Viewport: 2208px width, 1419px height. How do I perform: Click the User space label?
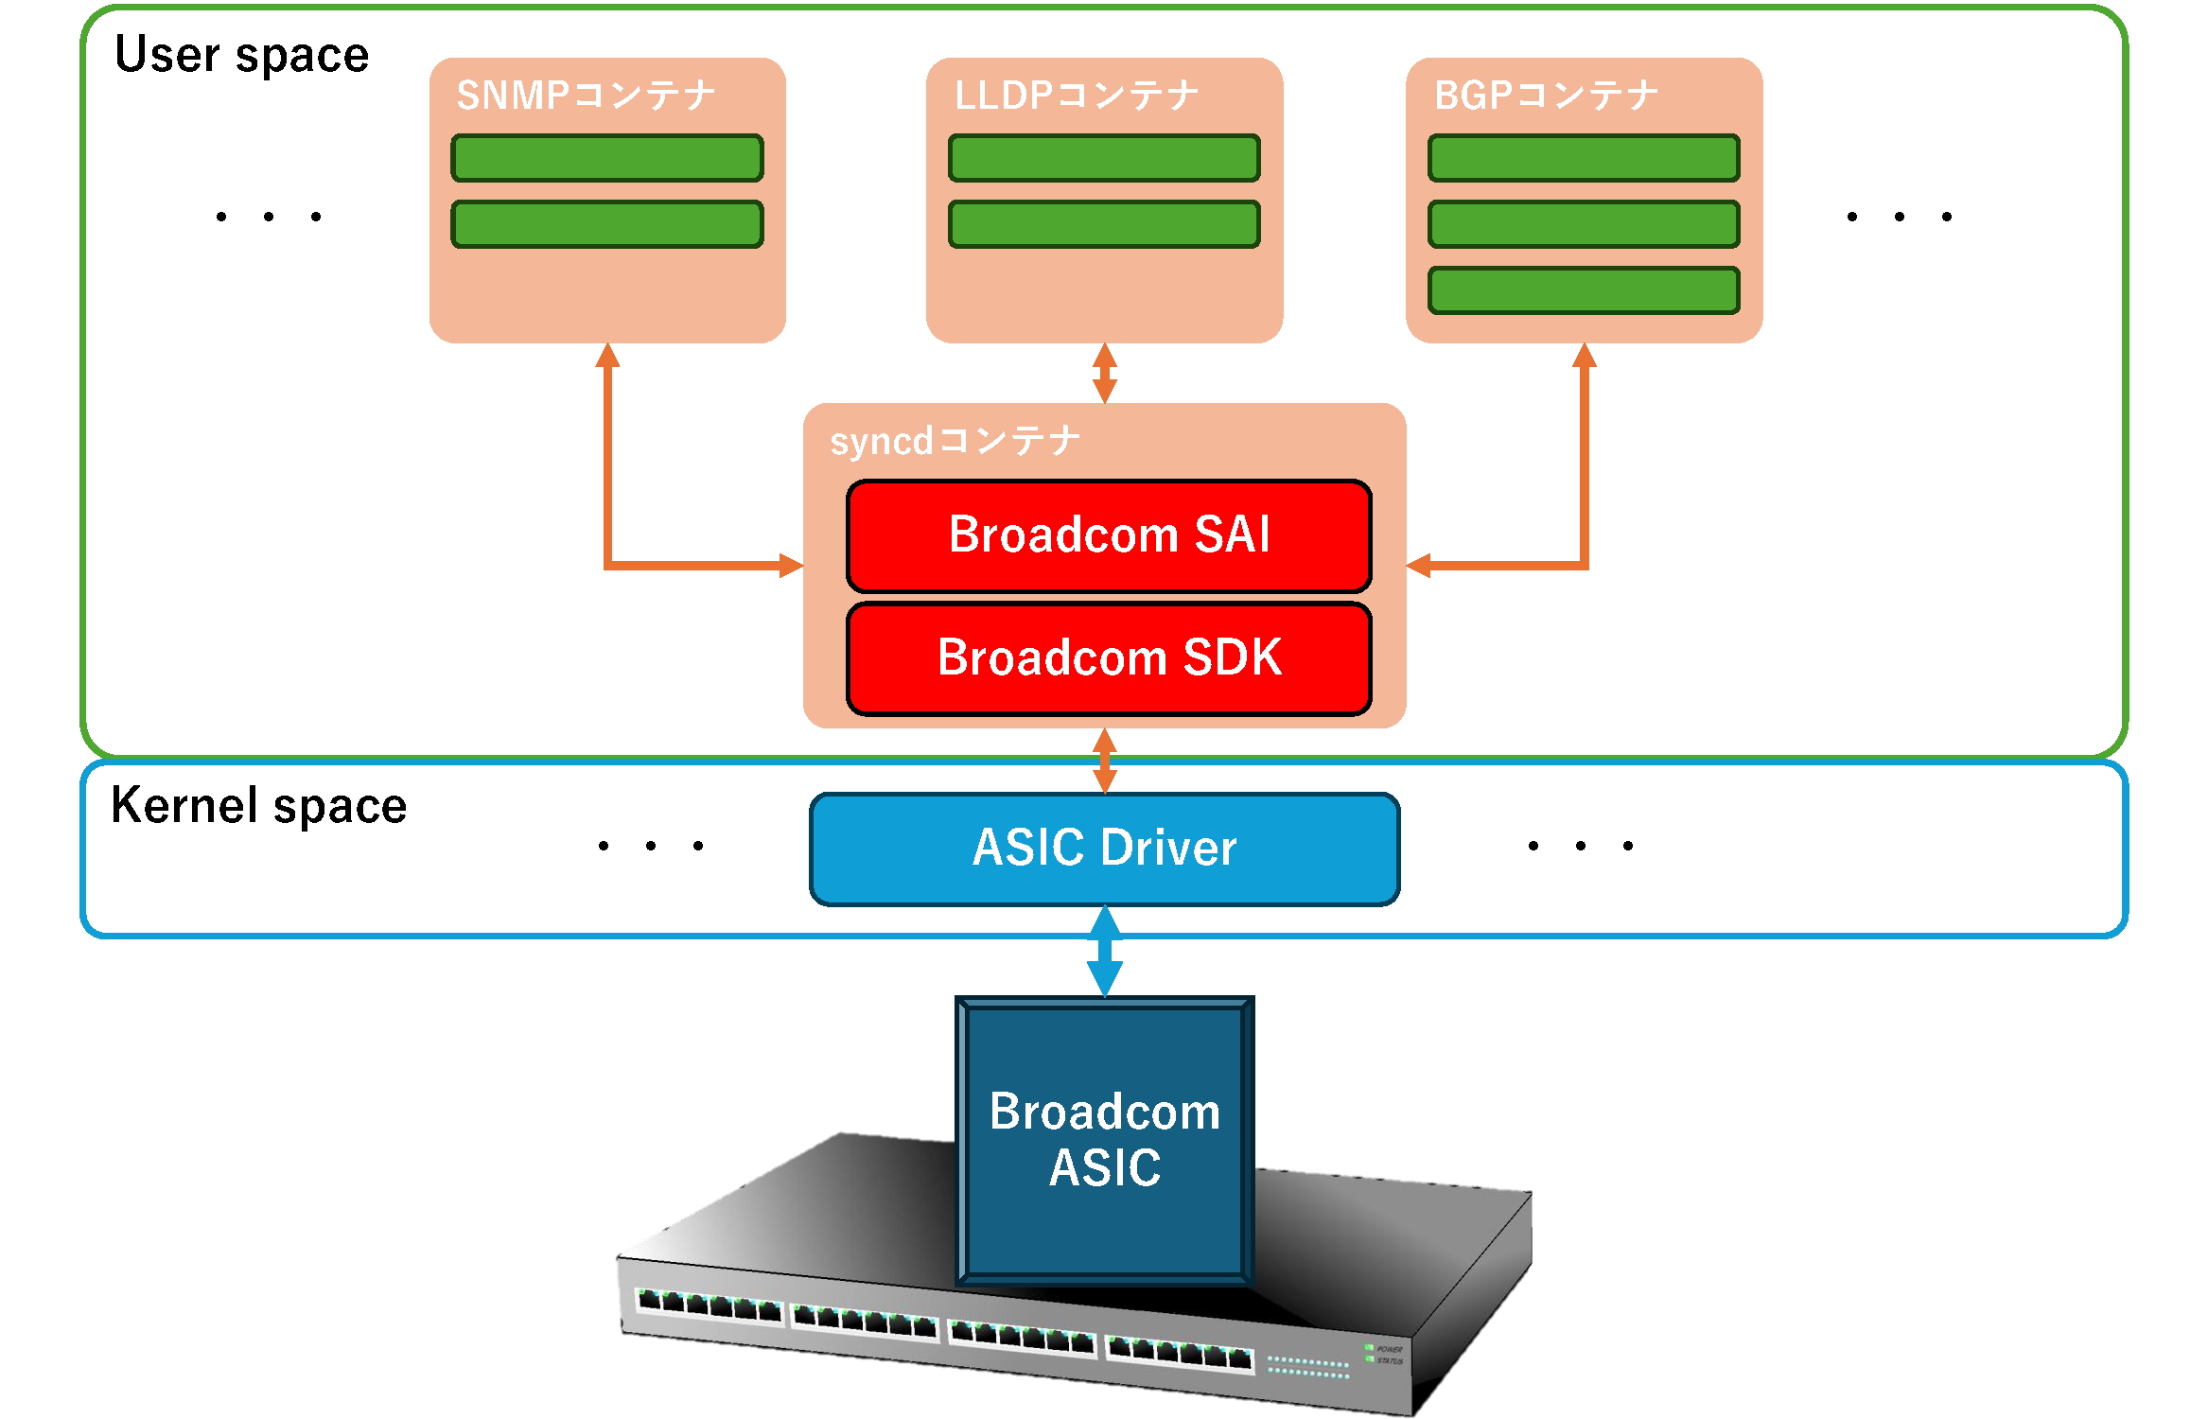[241, 55]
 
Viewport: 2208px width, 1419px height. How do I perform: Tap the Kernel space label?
[258, 806]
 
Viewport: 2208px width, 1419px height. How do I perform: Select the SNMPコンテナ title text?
[586, 96]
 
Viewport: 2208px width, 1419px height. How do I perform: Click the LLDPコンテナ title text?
[1077, 96]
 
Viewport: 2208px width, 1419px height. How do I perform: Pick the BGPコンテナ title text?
[1546, 96]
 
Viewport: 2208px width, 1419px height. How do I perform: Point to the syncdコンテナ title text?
[955, 441]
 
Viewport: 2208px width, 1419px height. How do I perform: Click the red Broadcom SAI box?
[1109, 535]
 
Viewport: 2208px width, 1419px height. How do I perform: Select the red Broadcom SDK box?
[1109, 658]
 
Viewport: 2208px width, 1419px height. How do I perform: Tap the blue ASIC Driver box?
[1104, 849]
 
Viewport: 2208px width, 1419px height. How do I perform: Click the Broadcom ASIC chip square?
[1104, 1140]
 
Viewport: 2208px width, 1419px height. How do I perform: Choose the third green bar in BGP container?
[1584, 290]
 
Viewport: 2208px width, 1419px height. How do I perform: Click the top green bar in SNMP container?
[607, 158]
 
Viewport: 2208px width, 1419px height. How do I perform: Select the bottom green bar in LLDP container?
[1104, 224]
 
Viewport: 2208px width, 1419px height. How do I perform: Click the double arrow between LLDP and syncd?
[1104, 373]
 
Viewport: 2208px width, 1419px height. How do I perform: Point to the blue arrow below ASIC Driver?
[1104, 951]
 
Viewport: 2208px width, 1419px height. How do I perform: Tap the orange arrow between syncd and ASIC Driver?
[1104, 761]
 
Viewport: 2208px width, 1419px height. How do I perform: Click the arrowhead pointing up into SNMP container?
[607, 356]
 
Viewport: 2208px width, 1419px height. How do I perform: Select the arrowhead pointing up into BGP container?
[1585, 356]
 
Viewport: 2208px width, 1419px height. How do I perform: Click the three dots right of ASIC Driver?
[1580, 846]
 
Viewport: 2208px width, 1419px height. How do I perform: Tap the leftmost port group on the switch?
[710, 1306]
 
